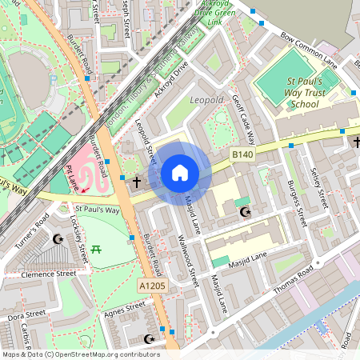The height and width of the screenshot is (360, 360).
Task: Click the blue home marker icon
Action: point(180,173)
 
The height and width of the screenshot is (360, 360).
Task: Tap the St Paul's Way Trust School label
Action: point(305,93)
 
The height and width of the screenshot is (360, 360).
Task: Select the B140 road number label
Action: point(242,152)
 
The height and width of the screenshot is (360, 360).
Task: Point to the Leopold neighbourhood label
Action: point(207,100)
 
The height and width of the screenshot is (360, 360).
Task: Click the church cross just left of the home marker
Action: point(136,182)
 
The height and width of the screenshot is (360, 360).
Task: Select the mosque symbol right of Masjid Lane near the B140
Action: point(245,212)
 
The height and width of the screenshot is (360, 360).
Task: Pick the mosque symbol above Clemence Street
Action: point(57,238)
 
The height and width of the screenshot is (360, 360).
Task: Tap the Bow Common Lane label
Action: point(309,48)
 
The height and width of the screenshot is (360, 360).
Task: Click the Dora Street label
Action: point(19,317)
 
